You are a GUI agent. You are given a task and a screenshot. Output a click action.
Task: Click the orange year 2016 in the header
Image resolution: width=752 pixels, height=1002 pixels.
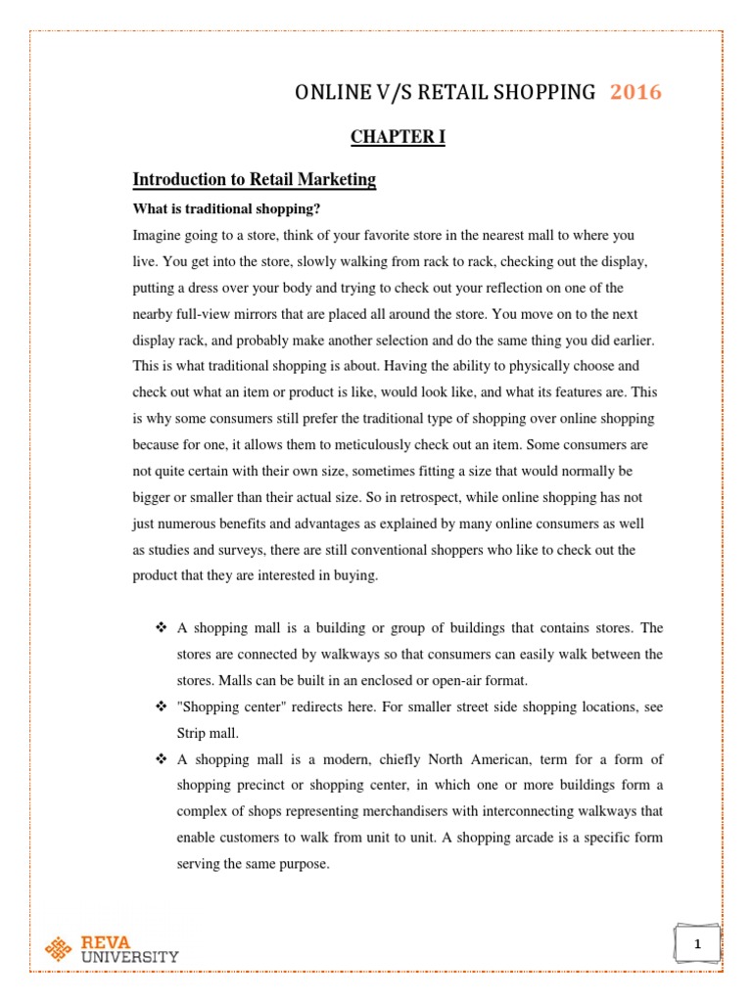click(635, 93)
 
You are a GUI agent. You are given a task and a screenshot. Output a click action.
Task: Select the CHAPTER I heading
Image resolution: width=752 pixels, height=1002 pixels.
click(398, 137)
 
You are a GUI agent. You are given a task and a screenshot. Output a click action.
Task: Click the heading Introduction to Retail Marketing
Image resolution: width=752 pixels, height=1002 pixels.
click(254, 180)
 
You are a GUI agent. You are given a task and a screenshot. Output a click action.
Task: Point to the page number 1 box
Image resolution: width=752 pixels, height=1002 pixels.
click(697, 944)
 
